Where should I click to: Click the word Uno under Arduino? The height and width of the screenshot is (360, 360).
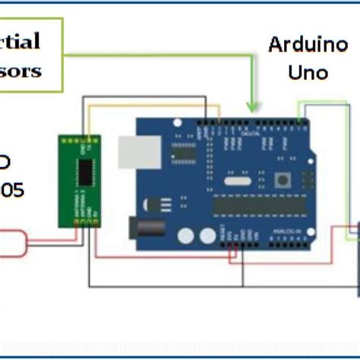click(308, 72)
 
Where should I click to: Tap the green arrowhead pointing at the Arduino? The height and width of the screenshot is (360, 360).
click(254, 107)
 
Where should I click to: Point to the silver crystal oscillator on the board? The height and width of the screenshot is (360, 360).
click(238, 179)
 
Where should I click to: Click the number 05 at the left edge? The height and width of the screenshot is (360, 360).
click(11, 190)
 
